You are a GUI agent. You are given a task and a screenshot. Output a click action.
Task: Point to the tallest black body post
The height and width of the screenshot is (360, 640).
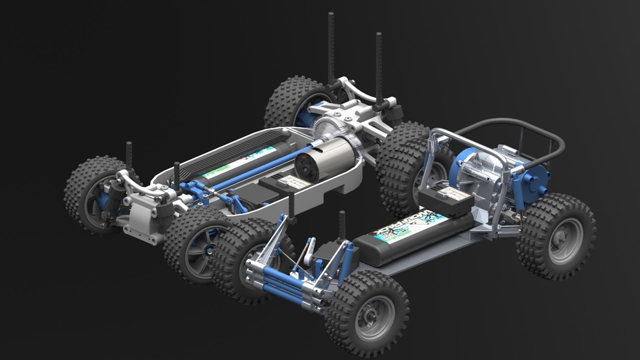pyautogui.click(x=331, y=47)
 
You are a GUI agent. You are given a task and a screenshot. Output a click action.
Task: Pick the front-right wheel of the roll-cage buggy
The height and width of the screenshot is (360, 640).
pyautogui.click(x=366, y=313)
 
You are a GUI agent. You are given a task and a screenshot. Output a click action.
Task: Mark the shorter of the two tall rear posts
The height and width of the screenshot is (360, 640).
pyautogui.click(x=378, y=67)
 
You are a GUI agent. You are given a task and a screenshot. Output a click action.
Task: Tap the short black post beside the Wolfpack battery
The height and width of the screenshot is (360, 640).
pyautogui.click(x=342, y=227)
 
